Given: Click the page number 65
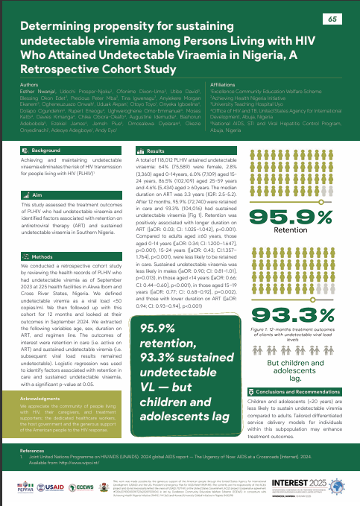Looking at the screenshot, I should click(332, 19).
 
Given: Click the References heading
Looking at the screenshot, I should click(33, 452).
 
